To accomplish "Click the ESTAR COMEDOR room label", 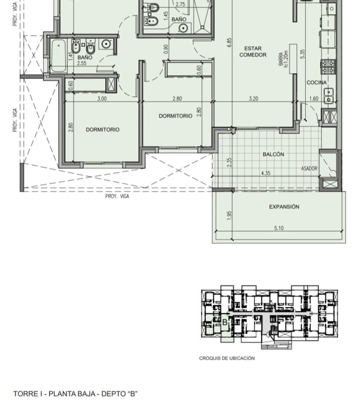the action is pyautogui.click(x=253, y=52).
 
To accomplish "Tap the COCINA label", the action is pyautogui.click(x=317, y=83).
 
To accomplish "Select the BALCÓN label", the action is pyautogui.click(x=273, y=154).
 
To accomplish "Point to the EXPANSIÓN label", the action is pyautogui.click(x=284, y=207).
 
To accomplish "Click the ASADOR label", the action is pyautogui.click(x=309, y=168).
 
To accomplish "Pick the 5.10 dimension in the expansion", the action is pyautogui.click(x=279, y=228).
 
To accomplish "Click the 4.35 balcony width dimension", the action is pyautogui.click(x=266, y=173).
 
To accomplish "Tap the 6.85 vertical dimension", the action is pyautogui.click(x=230, y=42).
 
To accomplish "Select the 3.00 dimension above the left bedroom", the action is pyautogui.click(x=102, y=99).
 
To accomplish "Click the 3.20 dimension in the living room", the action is pyautogui.click(x=253, y=99).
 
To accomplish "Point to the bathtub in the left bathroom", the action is pyautogui.click(x=58, y=56).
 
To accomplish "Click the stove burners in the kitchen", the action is pyautogui.click(x=328, y=67).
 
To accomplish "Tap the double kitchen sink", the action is pyautogui.click(x=329, y=96).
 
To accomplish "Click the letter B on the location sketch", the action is pyautogui.click(x=225, y=322).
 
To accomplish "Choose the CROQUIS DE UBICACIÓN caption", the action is pyautogui.click(x=227, y=358).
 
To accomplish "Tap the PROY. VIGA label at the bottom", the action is pyautogui.click(x=117, y=196).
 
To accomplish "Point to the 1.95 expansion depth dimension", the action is pyautogui.click(x=230, y=215).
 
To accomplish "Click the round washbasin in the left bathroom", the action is pyautogui.click(x=106, y=44).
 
